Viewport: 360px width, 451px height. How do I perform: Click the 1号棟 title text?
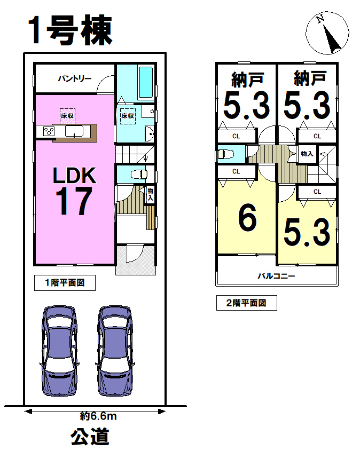70,30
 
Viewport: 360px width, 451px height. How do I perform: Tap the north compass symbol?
327,33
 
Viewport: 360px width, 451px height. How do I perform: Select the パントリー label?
75,78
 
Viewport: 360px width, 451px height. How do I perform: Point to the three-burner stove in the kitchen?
49,131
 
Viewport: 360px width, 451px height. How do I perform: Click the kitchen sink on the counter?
74,131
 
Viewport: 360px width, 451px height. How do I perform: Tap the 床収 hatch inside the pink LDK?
67,116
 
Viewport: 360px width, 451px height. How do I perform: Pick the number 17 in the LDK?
74,201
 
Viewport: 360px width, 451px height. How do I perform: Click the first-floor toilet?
139,174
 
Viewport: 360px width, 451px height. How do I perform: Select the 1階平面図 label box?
65,283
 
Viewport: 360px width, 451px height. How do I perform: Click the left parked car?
59,351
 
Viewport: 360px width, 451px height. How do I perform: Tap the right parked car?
115,351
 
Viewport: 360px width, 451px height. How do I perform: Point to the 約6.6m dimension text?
98,416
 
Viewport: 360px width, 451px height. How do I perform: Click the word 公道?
90,437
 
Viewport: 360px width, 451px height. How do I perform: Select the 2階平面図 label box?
247,303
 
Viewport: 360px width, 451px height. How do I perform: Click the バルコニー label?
276,276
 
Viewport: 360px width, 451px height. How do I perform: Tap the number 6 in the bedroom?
247,217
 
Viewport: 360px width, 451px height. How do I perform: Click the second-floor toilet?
226,154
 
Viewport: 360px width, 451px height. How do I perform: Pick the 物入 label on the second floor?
307,154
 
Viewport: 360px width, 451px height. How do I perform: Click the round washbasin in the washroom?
149,134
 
